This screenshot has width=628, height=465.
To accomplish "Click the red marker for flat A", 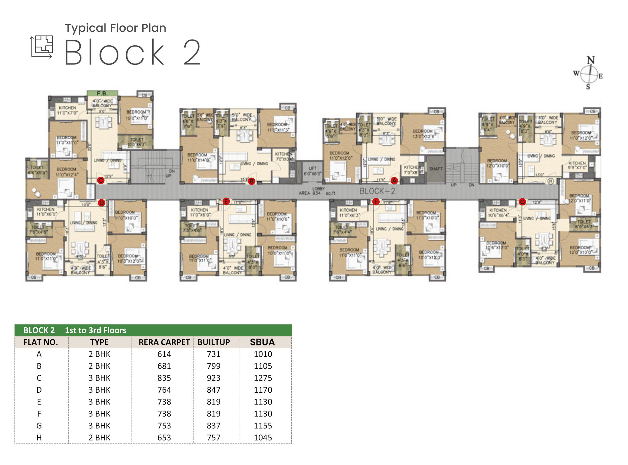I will click(394, 180).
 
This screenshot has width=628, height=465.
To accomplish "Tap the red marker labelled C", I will click(100, 180).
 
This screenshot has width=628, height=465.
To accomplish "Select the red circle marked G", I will click(522, 202).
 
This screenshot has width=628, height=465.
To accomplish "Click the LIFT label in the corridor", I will click(312, 169).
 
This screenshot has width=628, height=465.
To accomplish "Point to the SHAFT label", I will click(436, 169).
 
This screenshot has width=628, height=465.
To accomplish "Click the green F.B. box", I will click(102, 93).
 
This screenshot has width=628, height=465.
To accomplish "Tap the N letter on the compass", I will click(591, 60).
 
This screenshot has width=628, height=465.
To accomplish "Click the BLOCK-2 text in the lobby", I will click(377, 191).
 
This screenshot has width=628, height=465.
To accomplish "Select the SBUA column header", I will click(262, 342).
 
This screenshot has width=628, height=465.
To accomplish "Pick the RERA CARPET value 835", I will click(164, 378).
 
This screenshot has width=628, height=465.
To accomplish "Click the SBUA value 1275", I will click(263, 378).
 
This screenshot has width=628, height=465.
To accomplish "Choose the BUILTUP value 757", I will click(214, 438).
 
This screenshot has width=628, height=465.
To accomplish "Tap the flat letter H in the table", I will click(39, 438).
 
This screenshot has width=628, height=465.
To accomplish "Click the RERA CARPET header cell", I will click(164, 342).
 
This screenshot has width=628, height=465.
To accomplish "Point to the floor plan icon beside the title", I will click(41, 47).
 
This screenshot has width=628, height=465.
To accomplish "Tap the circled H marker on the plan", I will click(550, 181).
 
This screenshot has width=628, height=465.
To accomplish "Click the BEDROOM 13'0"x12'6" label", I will click(423, 134).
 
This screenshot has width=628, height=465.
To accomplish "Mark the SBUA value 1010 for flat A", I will click(263, 354).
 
